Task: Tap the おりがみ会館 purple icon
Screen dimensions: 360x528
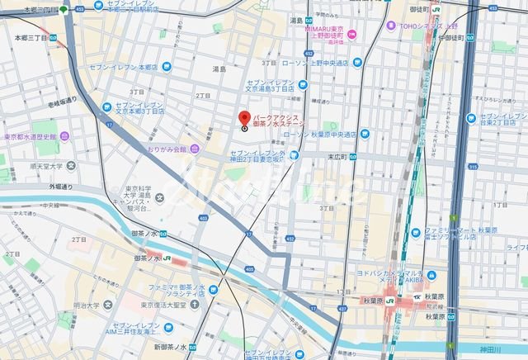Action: [x=194, y=149]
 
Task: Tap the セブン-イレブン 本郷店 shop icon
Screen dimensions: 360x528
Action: [x=167, y=66]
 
